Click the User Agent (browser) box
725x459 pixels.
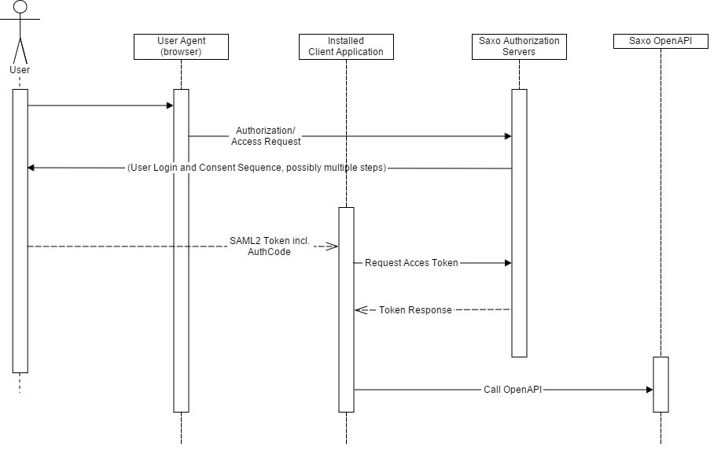pyautogui.click(x=181, y=46)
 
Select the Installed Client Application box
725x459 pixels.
pyautogui.click(x=346, y=46)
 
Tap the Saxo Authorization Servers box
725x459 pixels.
pyautogui.click(x=519, y=46)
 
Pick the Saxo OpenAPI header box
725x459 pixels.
pyautogui.click(x=661, y=41)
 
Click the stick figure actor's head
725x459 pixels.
pyautogui.click(x=20, y=8)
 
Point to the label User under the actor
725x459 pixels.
pyautogui.click(x=20, y=70)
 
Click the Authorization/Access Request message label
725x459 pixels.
pyautogui.click(x=266, y=136)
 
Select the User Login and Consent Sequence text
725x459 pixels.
pyautogui.click(x=256, y=168)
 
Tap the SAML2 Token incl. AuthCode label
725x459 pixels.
pyautogui.click(x=259, y=246)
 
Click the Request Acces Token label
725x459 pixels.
pyautogui.click(x=411, y=263)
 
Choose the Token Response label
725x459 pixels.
pyautogui.click(x=415, y=310)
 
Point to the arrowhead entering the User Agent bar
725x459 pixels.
pyautogui.click(x=169, y=105)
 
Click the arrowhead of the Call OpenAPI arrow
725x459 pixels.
pyautogui.click(x=649, y=389)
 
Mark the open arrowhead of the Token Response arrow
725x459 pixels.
pyautogui.click(x=360, y=310)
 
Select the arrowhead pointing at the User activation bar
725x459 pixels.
pyautogui.click(x=32, y=168)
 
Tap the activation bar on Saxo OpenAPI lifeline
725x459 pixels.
pyautogui.click(x=661, y=384)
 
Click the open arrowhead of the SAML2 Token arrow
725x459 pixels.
pyautogui.click(x=333, y=246)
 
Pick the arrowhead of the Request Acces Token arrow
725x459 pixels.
pyautogui.click(x=507, y=263)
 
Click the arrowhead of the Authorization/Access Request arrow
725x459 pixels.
pyautogui.click(x=507, y=136)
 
